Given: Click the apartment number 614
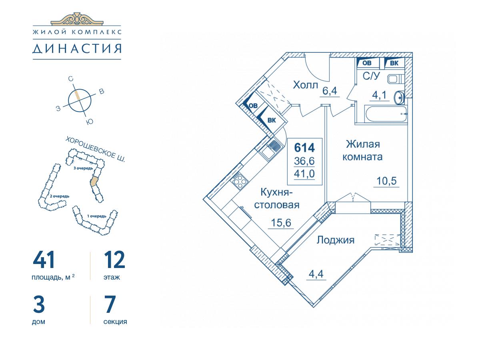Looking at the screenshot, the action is click(304, 148).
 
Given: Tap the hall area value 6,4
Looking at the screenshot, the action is click(330, 91).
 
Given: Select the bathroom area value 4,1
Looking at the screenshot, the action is click(380, 95).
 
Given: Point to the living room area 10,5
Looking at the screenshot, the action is click(386, 181).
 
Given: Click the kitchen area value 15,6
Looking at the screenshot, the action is click(281, 223).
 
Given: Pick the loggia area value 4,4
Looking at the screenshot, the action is click(316, 274).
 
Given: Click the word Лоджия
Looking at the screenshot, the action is click(336, 240).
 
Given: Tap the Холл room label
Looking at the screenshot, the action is click(305, 85).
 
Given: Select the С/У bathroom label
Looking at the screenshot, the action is click(371, 76).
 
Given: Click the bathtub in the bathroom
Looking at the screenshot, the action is click(386, 114).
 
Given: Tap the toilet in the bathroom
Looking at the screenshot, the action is click(396, 79).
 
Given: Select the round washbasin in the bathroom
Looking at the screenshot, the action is click(399, 98).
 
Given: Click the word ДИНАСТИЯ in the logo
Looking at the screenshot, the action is click(77, 48).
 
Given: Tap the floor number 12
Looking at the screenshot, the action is click(114, 260).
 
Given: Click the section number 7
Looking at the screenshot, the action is click(110, 304).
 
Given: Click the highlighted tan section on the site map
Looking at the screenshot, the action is click(94, 181).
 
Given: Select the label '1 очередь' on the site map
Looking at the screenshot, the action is click(97, 216).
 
